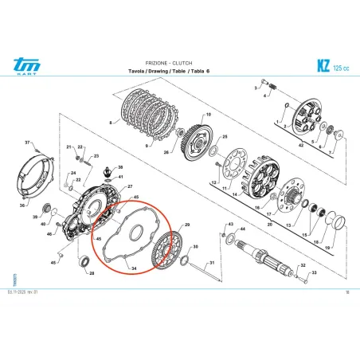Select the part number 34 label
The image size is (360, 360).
pos(134,268)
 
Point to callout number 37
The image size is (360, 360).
pos(26,143)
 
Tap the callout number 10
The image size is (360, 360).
pos(209,115)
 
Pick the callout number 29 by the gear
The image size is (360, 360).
pos(188,226)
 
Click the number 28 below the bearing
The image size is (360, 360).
pos(91,273)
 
